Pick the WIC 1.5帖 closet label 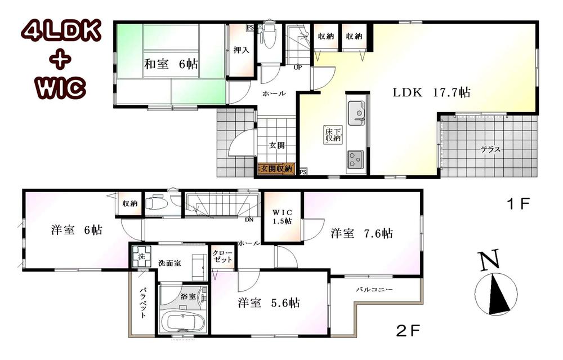point(282,216)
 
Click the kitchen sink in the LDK point(356,114)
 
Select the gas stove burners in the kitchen point(356,159)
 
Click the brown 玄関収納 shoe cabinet point(276,168)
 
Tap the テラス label point(491,150)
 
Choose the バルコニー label point(373,290)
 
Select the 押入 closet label point(242,50)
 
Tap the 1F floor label point(519,203)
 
